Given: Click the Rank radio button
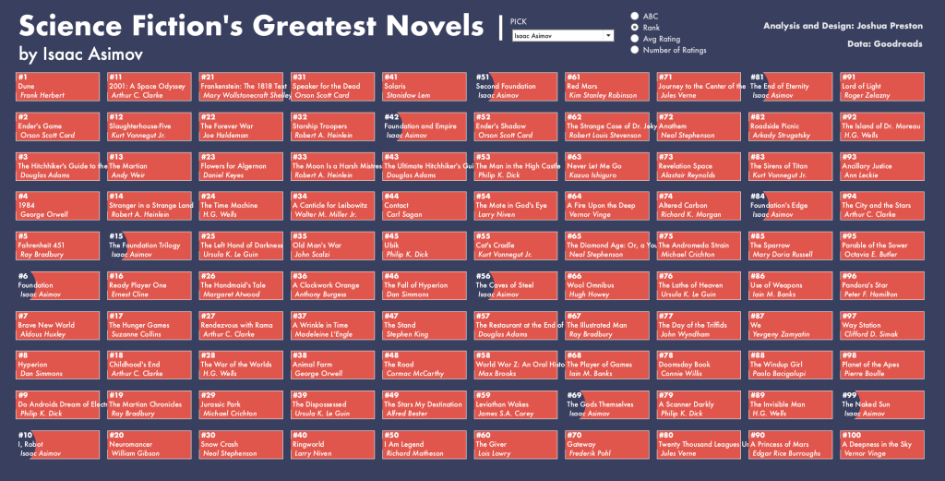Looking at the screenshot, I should coord(634,28).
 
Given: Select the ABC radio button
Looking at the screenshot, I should coord(634,16).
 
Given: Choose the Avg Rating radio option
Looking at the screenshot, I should coord(634,39).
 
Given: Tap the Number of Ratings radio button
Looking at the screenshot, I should coord(634,50).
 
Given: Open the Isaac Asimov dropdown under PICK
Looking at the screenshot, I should coord(562,36).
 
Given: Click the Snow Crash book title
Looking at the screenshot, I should coord(220,444).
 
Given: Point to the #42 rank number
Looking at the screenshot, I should coord(391,117).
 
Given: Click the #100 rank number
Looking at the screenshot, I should coord(851,435).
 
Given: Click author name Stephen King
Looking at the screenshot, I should coord(407,334).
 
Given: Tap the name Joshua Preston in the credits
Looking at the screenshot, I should coord(888,26).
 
